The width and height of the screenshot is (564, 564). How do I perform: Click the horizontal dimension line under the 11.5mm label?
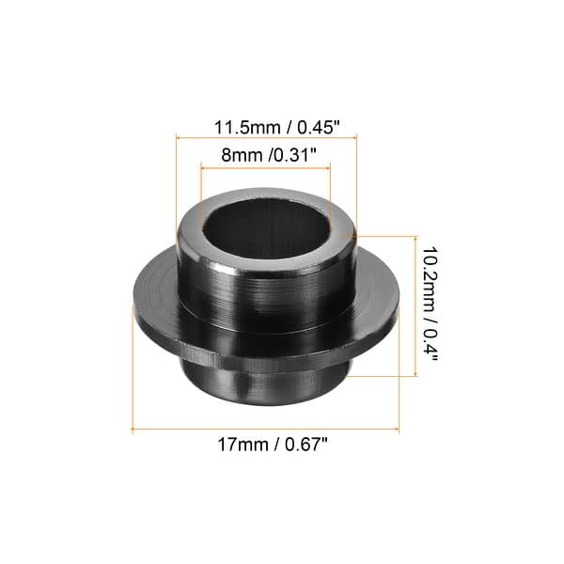(x=266, y=137)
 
